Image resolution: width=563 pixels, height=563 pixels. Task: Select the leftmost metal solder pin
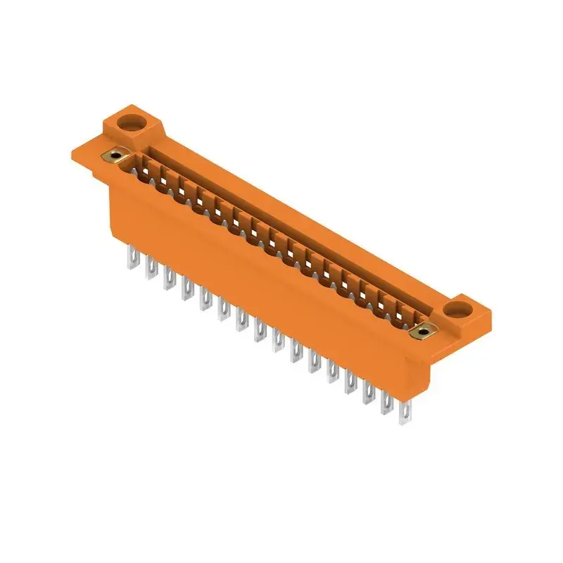point(131,256)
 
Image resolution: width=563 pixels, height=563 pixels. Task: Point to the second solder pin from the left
point(150,268)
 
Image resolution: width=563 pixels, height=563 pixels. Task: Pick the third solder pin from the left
point(168,278)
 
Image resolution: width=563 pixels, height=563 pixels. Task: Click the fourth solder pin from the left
point(186,287)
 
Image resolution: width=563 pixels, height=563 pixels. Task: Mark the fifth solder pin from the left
point(205,298)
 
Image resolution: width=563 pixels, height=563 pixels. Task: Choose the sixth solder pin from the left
point(223,308)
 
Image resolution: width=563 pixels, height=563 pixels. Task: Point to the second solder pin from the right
point(386,403)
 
